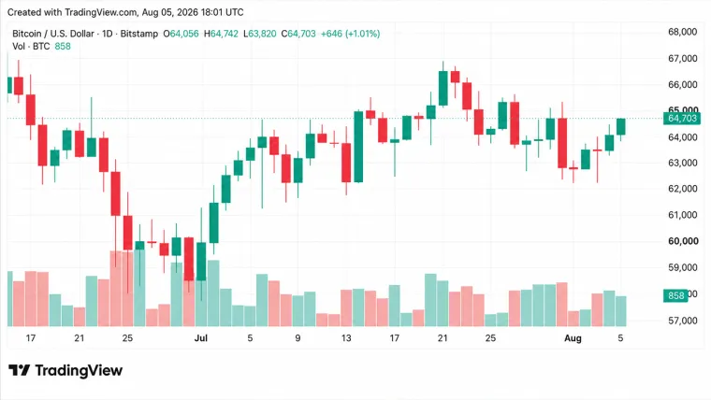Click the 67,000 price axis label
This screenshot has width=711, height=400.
pyautogui.click(x=682, y=59)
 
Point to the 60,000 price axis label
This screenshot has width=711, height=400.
pyautogui.click(x=682, y=241)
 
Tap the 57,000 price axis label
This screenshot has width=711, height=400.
pyautogui.click(x=682, y=321)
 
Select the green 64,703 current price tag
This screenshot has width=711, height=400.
pyautogui.click(x=681, y=119)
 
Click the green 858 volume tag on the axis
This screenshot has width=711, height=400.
pyautogui.click(x=675, y=295)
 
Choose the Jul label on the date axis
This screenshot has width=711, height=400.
pyautogui.click(x=200, y=338)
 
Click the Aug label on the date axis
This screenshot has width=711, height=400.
pyautogui.click(x=573, y=338)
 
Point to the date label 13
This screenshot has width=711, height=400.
pyautogui.click(x=346, y=338)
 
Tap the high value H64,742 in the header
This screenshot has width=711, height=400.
pyautogui.click(x=221, y=34)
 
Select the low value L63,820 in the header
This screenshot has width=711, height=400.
pyautogui.click(x=259, y=34)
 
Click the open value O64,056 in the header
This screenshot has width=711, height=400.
pyautogui.click(x=181, y=34)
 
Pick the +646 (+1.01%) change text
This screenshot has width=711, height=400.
pyautogui.click(x=350, y=34)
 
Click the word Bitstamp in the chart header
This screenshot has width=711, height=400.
pyautogui.click(x=138, y=34)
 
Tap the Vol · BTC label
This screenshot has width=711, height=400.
pyautogui.click(x=31, y=46)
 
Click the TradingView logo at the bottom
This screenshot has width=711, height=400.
pyautogui.click(x=65, y=370)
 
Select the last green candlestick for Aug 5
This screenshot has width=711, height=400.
pyautogui.click(x=621, y=126)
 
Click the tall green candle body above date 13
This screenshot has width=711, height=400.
pyautogui.click(x=358, y=147)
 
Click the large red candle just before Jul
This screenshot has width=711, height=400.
pyautogui.click(x=189, y=259)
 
